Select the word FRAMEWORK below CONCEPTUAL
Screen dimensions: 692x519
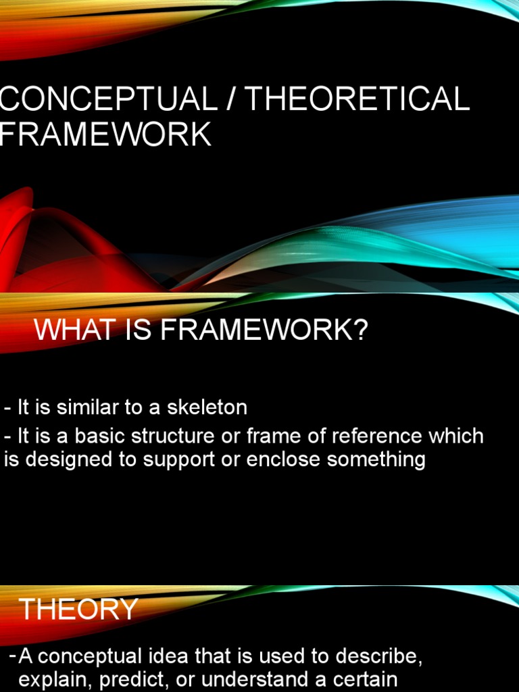coord(105,134)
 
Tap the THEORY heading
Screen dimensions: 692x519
coord(78,610)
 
